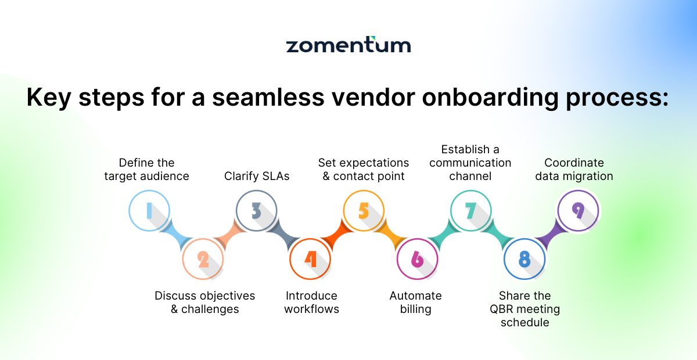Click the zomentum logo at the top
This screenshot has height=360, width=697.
[x=348, y=45]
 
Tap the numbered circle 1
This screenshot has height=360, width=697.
[x=149, y=211]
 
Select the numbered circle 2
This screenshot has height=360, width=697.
[x=203, y=259]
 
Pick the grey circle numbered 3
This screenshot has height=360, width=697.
[x=256, y=211]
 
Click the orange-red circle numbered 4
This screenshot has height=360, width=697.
[x=310, y=259]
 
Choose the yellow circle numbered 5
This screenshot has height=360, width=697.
[x=364, y=211]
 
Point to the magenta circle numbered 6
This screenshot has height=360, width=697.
[x=417, y=259]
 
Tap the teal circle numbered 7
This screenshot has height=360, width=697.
[x=471, y=211]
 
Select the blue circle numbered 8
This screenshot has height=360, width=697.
[x=524, y=259]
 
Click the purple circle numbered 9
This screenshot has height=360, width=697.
[x=578, y=211]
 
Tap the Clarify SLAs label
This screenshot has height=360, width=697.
[x=257, y=176]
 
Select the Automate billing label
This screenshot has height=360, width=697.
[x=415, y=303]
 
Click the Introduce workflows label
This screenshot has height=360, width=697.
[x=311, y=303]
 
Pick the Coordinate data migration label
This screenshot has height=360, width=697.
[x=574, y=170]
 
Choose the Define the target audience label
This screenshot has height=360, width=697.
[x=147, y=170]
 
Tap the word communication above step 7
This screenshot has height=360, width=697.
[x=470, y=163]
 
